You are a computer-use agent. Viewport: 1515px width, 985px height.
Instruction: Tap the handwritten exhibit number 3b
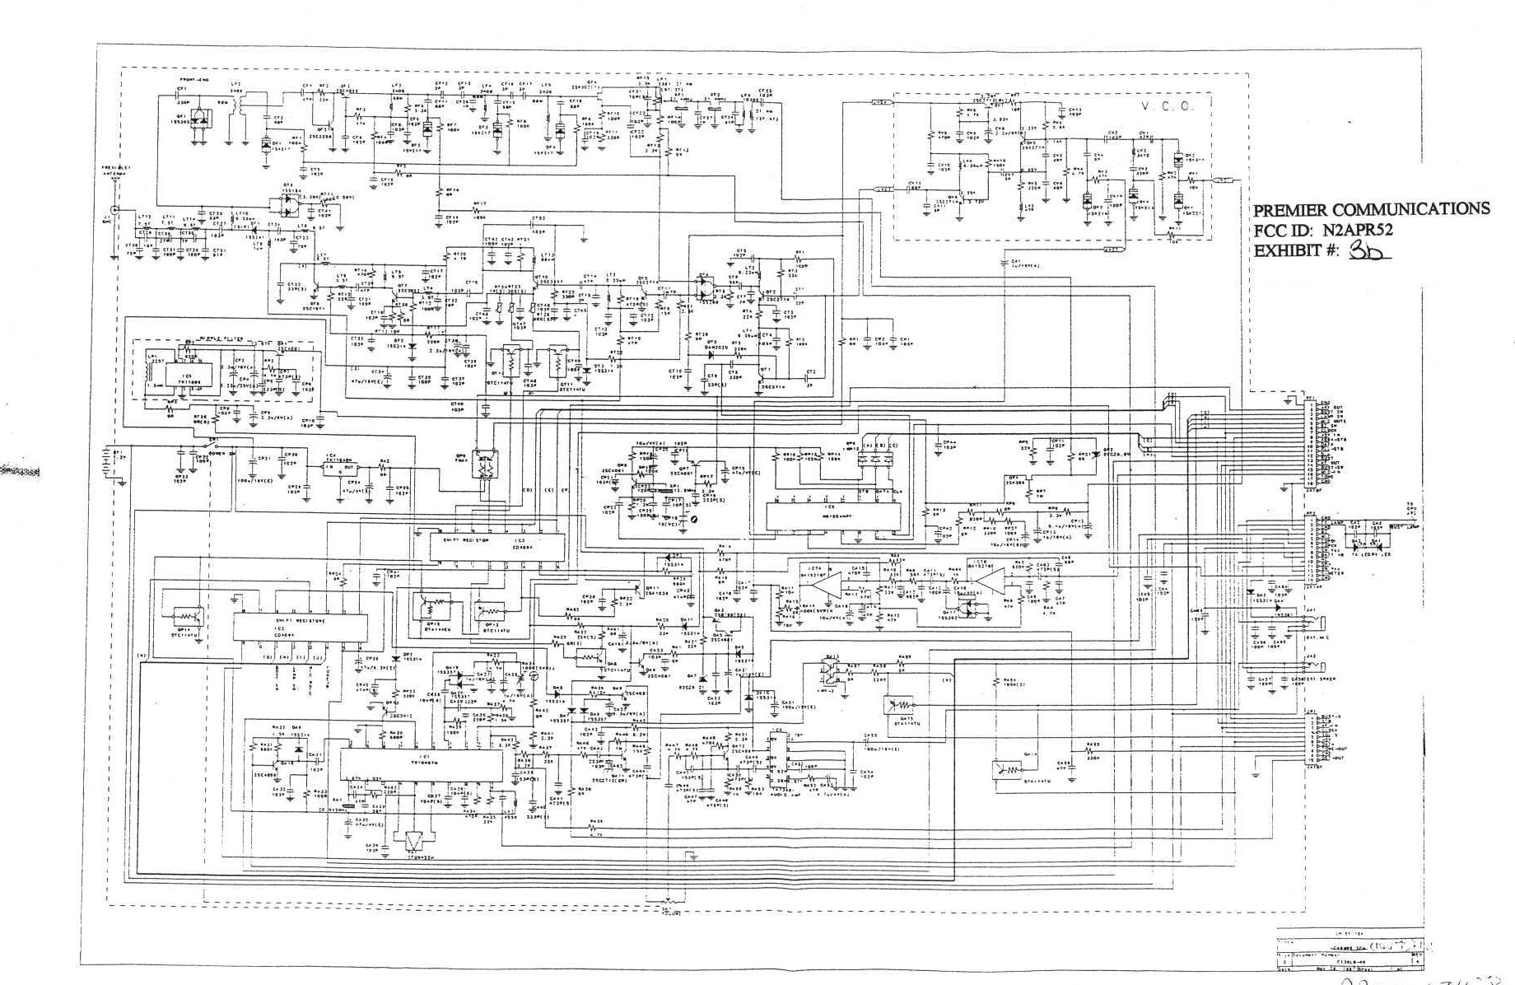(x=1368, y=251)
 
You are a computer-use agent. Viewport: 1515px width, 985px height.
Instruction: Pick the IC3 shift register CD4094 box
(x=497, y=545)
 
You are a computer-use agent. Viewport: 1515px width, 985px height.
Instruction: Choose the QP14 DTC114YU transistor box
(x=186, y=617)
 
